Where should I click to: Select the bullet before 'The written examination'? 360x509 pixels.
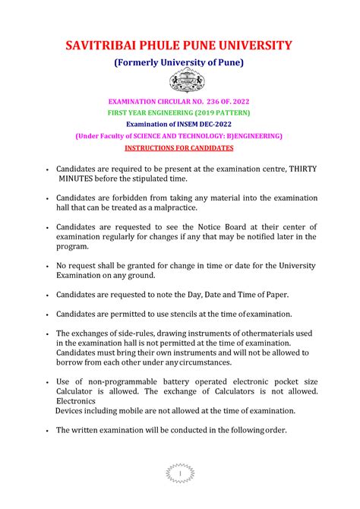point(48,430)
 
